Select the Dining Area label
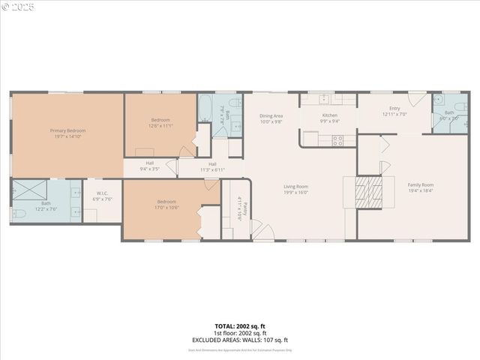pyautogui.click(x=271, y=118)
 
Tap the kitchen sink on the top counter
pyautogui.click(x=325, y=99)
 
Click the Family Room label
pyautogui.click(x=420, y=187)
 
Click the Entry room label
pyautogui.click(x=394, y=111)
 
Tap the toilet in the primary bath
pyautogui.click(x=18, y=214)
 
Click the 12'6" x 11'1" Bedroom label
pyautogui.click(x=160, y=122)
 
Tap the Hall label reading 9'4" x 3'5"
pyautogui.click(x=149, y=166)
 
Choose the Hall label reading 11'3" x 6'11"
pyautogui.click(x=212, y=166)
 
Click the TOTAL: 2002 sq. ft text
pyautogui.click(x=239, y=326)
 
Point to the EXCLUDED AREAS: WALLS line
pyautogui.click(x=240, y=339)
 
